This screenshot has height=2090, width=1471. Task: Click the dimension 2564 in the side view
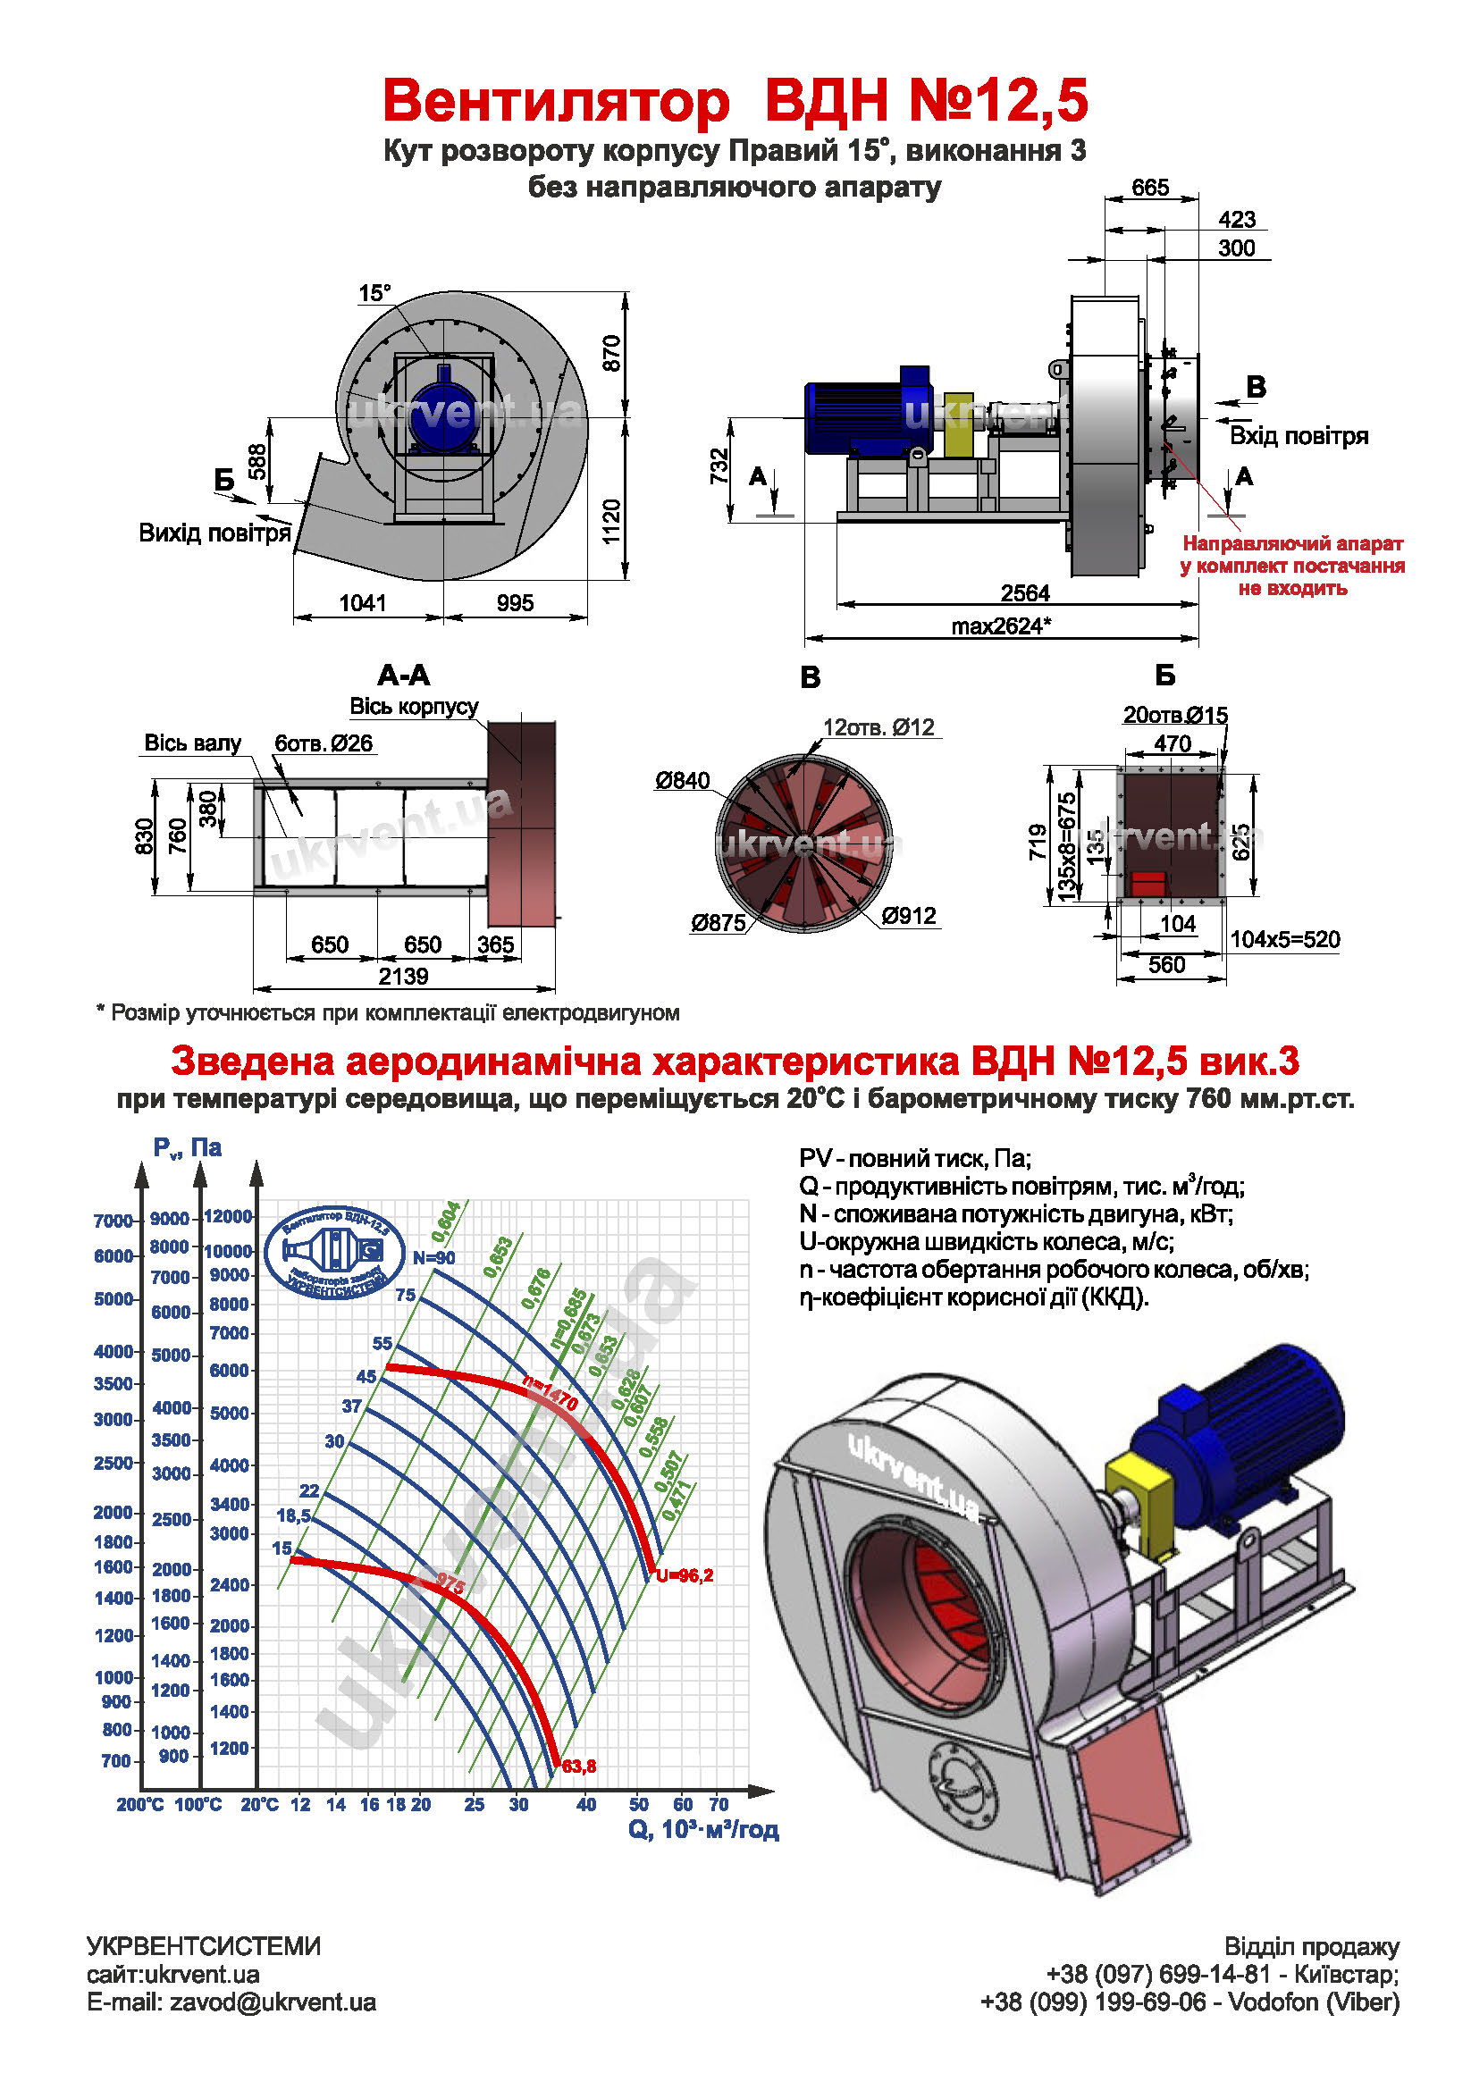(x=1024, y=593)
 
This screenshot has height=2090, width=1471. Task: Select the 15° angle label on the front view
(x=374, y=293)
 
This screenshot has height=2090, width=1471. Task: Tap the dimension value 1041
(x=362, y=602)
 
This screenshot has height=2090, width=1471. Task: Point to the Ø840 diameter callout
(x=682, y=780)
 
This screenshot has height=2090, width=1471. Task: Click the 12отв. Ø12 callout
(x=878, y=727)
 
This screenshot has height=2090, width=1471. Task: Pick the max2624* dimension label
(x=1000, y=626)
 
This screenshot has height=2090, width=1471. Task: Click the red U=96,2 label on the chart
(x=685, y=1574)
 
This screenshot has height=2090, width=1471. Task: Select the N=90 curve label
(x=433, y=1258)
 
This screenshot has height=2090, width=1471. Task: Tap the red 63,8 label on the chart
(x=579, y=1766)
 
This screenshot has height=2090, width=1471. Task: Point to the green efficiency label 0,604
(x=446, y=1222)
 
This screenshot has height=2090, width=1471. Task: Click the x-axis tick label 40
(x=586, y=1804)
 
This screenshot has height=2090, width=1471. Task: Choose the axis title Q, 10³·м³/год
(x=702, y=1830)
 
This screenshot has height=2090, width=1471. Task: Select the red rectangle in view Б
(x=1147, y=883)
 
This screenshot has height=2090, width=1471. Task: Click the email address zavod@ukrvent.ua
(x=273, y=2002)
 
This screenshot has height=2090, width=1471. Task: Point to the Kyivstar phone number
(x=1158, y=1975)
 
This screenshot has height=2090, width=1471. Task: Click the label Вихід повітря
(x=214, y=533)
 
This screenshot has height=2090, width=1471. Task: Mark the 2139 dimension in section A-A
(x=403, y=976)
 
